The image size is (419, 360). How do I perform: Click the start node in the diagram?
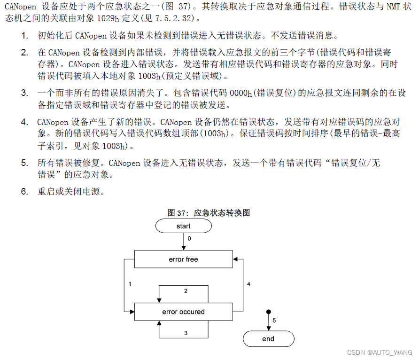183,226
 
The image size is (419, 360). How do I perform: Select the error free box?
183,259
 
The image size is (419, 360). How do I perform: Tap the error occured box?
183,312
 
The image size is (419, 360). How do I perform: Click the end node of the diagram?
268,339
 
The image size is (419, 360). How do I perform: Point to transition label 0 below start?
189,238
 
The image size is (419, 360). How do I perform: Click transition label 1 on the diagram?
130,284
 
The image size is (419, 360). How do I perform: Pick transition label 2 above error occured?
186,291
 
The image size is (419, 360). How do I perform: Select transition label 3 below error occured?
186,333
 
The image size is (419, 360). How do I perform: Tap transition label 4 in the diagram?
249,284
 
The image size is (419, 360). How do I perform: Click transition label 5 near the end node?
274,321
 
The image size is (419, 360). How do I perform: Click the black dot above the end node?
268,312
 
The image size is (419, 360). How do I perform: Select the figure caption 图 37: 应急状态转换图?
209,213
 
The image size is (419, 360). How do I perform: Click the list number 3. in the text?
24,93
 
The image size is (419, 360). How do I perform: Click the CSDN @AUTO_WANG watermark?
380,352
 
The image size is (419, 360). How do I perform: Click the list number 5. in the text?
24,163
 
